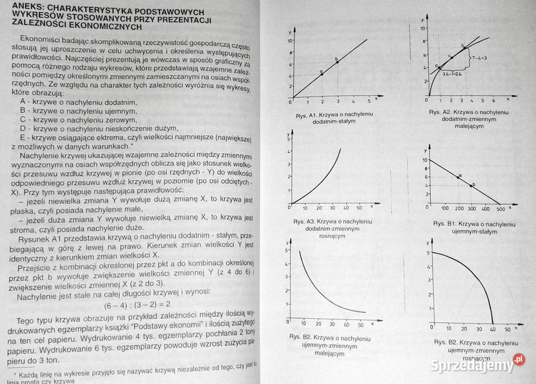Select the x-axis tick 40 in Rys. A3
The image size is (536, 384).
(347, 208)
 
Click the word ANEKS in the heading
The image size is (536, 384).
(22, 7)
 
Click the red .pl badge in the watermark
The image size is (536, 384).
(519, 359)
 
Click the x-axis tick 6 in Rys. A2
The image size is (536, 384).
(494, 101)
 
